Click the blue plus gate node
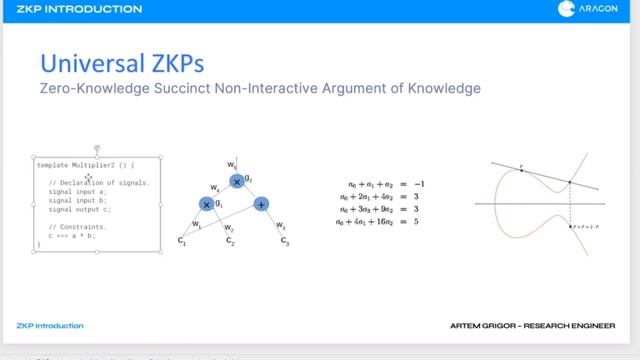[x=261, y=204]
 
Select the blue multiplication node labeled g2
[x=236, y=181]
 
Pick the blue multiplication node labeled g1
[x=207, y=204]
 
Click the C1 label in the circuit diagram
[x=183, y=241]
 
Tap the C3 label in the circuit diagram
[x=285, y=241]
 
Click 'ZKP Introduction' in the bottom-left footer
[x=50, y=326]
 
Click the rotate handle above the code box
[x=97, y=148]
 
